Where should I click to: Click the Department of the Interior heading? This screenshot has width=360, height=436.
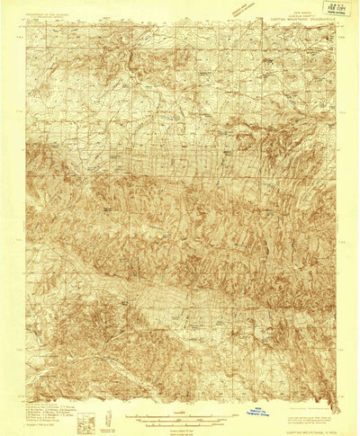[49, 13]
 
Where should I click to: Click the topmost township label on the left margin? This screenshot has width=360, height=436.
[21, 67]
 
